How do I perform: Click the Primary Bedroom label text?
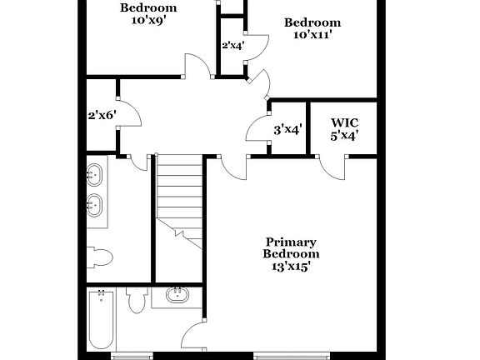click(x=291, y=247)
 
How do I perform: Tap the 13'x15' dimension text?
click(x=291, y=267)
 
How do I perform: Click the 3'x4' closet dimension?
click(x=287, y=129)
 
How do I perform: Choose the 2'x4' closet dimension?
click(x=232, y=45)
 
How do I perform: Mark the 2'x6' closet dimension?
click(x=102, y=116)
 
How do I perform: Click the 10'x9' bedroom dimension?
click(x=148, y=21)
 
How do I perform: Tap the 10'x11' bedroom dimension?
click(x=312, y=35)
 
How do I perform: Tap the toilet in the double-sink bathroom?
click(x=100, y=256)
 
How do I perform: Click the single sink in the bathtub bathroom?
click(x=177, y=294)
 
